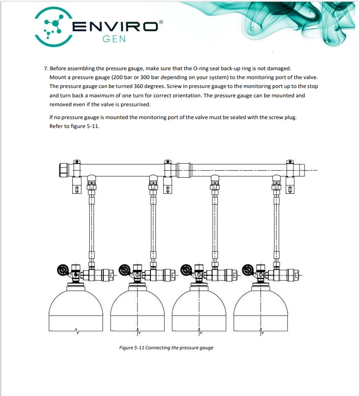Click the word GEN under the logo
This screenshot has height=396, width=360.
tap(114, 39)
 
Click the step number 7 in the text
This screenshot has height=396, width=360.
tap(45, 68)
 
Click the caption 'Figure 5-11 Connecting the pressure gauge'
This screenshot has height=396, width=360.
tap(166, 348)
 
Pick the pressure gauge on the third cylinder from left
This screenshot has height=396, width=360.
tap(186, 269)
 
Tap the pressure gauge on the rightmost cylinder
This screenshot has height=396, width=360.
tap(248, 269)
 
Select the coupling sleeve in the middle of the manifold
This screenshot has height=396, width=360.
tap(184, 169)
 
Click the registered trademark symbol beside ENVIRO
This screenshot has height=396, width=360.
tap(161, 21)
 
